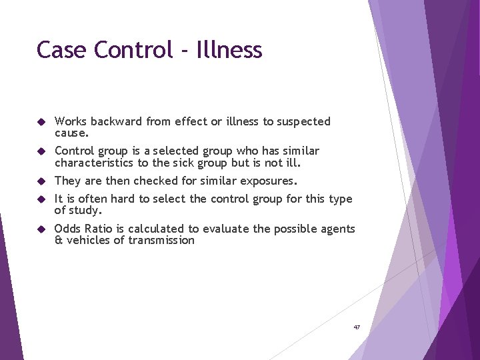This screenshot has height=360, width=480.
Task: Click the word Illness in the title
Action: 229,50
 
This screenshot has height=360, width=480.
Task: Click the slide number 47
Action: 357,327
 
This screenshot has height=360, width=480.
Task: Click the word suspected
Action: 303,121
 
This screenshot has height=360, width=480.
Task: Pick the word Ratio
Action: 100,229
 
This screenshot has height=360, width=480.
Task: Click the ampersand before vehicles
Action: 59,241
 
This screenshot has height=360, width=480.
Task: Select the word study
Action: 87,211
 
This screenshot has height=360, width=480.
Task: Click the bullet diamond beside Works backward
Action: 41,122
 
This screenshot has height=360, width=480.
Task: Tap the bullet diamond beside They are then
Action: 41,181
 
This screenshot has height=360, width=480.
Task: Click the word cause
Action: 71,133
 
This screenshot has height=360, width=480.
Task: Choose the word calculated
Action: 155,229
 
